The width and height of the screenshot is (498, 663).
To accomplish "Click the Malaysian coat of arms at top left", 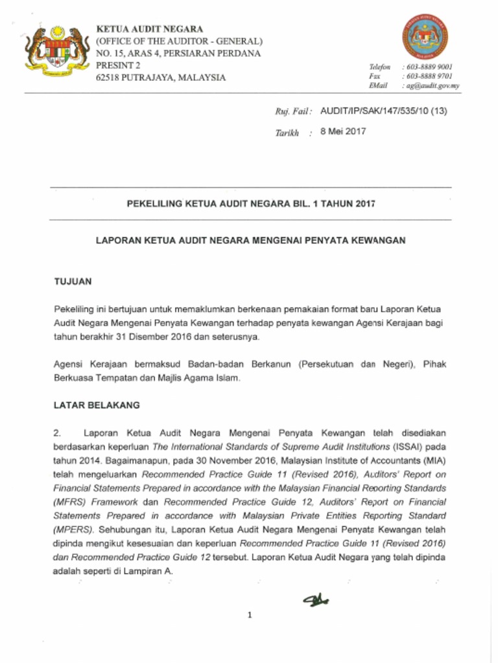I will point(56,51).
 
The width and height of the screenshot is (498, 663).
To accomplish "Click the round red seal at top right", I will point(425,37).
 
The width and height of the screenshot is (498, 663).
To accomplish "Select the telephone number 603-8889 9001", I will point(427,67).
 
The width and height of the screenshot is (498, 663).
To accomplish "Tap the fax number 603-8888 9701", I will point(427,76).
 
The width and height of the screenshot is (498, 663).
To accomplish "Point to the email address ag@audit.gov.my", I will point(431,85).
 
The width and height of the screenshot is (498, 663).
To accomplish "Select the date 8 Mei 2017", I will point(343,131).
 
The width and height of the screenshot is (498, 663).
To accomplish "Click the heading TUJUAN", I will point(73,282).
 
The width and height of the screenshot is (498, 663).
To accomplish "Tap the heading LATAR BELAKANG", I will point(97,405).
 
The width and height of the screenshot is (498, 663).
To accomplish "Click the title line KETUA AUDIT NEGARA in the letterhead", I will point(149,29).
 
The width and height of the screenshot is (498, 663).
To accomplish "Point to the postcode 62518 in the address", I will point(108,78).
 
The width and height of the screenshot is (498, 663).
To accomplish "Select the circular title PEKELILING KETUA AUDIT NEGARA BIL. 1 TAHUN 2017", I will point(251,203).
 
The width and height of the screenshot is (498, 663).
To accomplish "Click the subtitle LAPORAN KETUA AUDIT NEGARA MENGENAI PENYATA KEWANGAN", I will point(251,240).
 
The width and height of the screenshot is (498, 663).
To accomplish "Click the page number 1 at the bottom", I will point(249,615).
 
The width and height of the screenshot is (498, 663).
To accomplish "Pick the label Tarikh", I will point(288,133).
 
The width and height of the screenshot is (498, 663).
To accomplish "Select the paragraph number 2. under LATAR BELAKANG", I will point(57,433).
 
